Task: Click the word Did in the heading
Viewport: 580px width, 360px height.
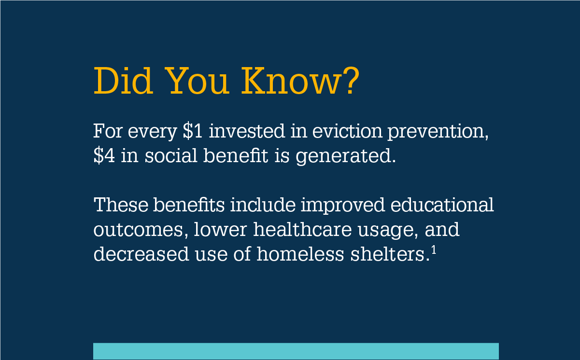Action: (x=123, y=81)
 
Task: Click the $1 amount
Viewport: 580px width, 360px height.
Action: (x=193, y=131)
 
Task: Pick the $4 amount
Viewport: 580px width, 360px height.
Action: (x=104, y=155)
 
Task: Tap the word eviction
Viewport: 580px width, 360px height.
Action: (x=347, y=131)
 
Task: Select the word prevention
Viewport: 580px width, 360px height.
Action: (x=438, y=132)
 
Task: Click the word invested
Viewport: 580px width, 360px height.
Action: (x=247, y=131)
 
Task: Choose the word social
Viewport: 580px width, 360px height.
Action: (x=171, y=155)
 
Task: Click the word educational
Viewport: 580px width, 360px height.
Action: (x=442, y=205)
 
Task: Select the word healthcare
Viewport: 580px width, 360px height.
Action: (x=302, y=229)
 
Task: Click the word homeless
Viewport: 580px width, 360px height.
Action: (x=300, y=254)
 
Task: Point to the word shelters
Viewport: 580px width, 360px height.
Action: (x=388, y=254)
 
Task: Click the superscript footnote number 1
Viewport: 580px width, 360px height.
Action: (x=434, y=251)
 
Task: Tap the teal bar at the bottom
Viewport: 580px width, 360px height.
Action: (x=296, y=351)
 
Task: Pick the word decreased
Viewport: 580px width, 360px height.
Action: (x=141, y=254)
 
